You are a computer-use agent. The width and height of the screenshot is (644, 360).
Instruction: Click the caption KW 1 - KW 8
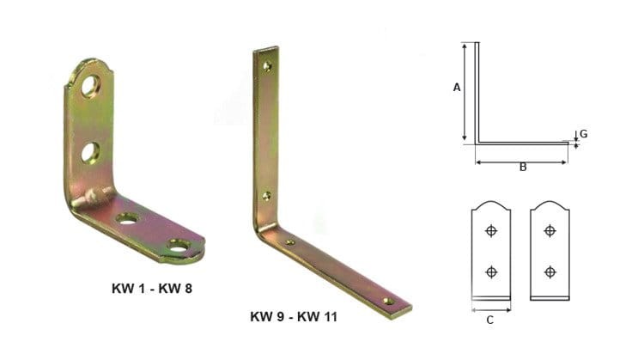coord(150,288)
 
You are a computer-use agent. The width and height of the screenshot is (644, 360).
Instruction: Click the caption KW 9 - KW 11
coord(294,317)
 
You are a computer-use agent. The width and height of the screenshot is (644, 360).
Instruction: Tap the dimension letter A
coord(457,88)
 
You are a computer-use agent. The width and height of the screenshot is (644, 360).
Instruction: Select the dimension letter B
coord(522,168)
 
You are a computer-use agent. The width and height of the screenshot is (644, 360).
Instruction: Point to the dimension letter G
coord(583,134)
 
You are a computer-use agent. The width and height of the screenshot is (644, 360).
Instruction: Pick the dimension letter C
coord(490,320)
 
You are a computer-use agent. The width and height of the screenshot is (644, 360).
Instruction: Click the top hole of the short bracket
coord(91,85)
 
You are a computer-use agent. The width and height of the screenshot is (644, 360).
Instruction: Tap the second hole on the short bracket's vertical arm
coord(90,152)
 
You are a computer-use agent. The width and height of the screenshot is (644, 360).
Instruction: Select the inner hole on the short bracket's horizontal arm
coord(128,219)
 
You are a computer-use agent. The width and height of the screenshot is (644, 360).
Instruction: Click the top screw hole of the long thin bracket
coord(268,65)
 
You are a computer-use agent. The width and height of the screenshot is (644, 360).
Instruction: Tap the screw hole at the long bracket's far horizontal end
coord(388,301)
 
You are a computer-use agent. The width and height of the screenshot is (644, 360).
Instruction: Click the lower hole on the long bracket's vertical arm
coord(266,197)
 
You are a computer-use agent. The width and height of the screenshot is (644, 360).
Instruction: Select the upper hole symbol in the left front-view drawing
coord(491,230)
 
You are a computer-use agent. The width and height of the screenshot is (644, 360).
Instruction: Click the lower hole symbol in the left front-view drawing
coord(491,272)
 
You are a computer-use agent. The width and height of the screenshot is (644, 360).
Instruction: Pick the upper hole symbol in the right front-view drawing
coord(550,230)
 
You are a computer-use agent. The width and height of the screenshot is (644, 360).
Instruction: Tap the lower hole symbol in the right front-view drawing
coord(550,272)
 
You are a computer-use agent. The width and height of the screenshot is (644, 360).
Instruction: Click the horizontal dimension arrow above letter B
coord(522,159)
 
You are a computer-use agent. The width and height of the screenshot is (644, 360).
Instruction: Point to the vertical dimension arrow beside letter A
coord(465,92)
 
